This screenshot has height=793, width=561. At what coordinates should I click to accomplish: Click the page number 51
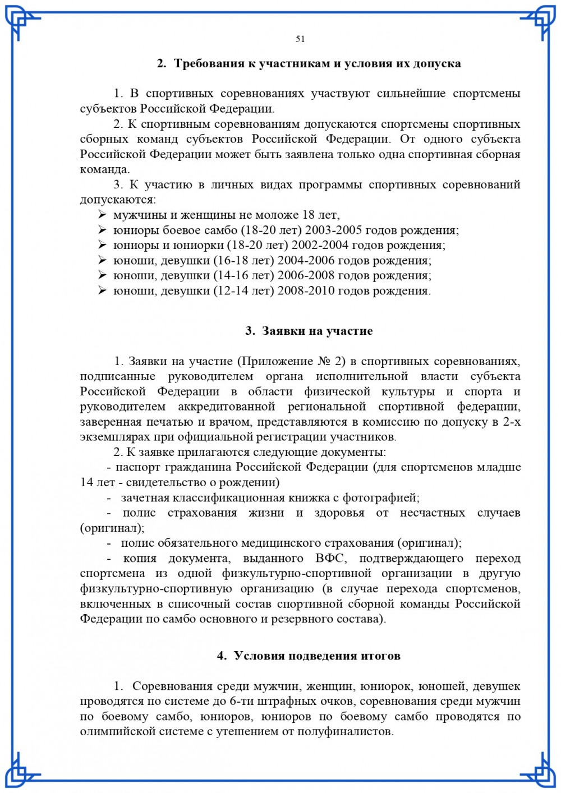[300, 39]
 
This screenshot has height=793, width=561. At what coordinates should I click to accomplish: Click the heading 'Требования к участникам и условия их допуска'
[317, 63]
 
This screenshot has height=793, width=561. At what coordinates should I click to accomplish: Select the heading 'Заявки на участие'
[317, 331]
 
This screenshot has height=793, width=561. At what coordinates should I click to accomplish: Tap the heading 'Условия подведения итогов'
[317, 656]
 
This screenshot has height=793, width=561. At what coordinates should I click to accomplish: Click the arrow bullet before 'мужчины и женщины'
[102, 215]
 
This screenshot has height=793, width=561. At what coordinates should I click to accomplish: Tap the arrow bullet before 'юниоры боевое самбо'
[102, 230]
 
